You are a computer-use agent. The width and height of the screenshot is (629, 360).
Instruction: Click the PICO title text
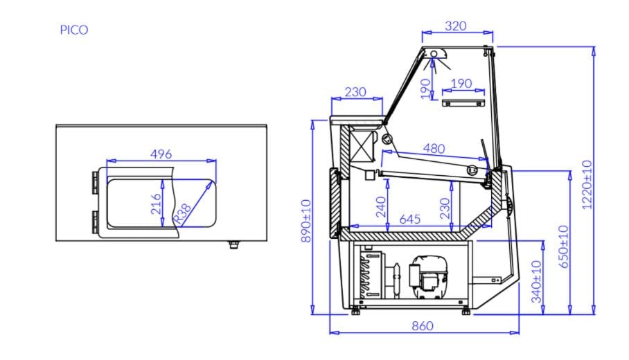pos(74,30)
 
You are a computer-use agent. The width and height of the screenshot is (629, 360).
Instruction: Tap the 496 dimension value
pos(161,154)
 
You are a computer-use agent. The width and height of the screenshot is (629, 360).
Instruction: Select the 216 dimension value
pos(156,204)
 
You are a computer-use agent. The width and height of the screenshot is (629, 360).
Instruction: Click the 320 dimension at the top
pos(456,26)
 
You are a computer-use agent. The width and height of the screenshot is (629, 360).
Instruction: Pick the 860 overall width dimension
pos(423,326)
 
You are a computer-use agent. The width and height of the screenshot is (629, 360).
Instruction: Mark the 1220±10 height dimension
pos(587,185)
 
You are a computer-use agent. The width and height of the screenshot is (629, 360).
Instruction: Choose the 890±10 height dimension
pos(306,221)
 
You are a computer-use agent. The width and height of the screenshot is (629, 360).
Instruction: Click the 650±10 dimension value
pos(563,246)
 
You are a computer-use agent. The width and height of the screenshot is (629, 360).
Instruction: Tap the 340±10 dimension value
pos(536,282)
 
